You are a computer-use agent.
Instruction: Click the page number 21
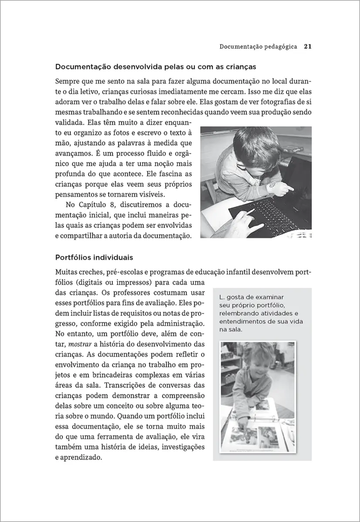click(306, 46)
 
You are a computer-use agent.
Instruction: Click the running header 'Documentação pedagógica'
click(258, 46)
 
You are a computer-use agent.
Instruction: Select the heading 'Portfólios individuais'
click(91, 258)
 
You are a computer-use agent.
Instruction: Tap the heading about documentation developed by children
click(155, 67)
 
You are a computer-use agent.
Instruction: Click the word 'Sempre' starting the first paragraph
click(67, 81)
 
